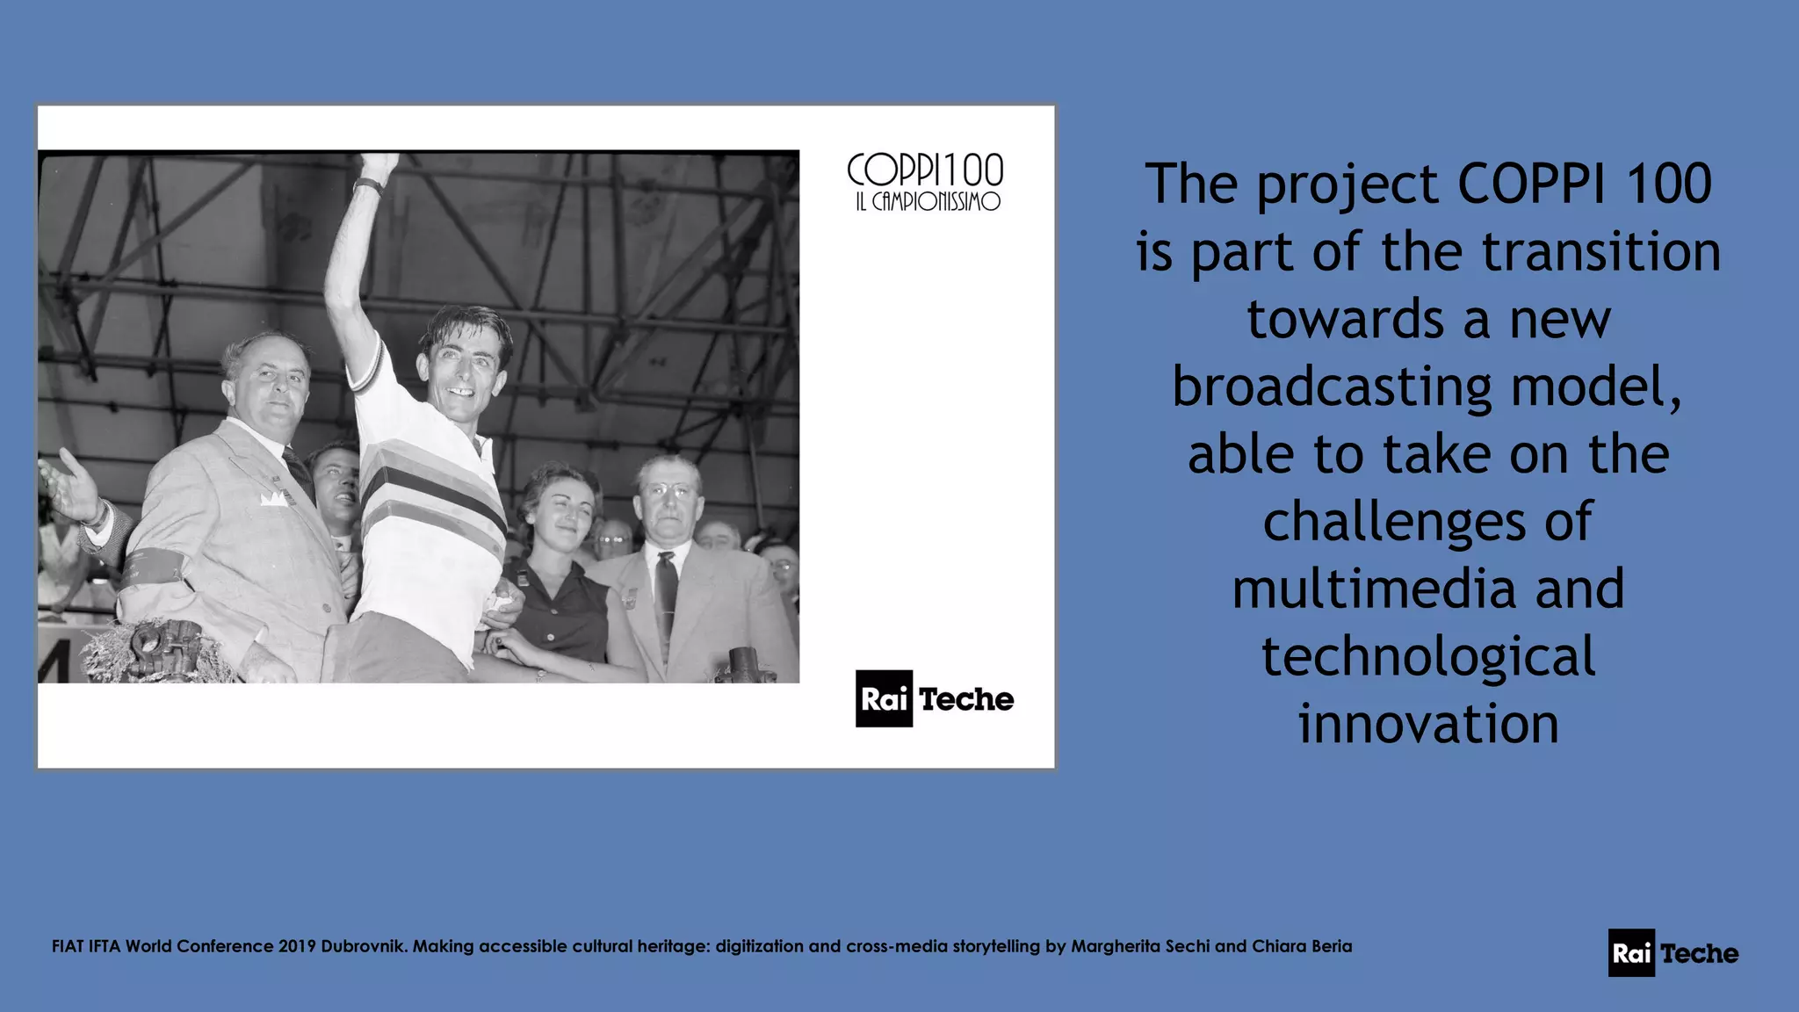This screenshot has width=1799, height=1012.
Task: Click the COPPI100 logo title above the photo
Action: (x=925, y=170)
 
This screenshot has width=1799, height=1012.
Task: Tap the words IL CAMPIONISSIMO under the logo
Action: (x=928, y=202)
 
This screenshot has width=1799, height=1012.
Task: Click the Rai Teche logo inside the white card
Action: (x=935, y=699)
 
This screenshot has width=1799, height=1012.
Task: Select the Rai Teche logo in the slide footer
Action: (x=1673, y=953)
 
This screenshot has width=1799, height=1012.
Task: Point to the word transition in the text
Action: (x=1600, y=252)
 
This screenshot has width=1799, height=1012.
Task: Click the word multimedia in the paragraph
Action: (x=1374, y=589)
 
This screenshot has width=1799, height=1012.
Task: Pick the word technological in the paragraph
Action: (x=1428, y=657)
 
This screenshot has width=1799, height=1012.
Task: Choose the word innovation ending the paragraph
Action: (x=1428, y=725)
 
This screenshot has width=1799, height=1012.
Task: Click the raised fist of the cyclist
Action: (x=379, y=163)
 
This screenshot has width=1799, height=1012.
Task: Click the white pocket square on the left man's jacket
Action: (x=273, y=499)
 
